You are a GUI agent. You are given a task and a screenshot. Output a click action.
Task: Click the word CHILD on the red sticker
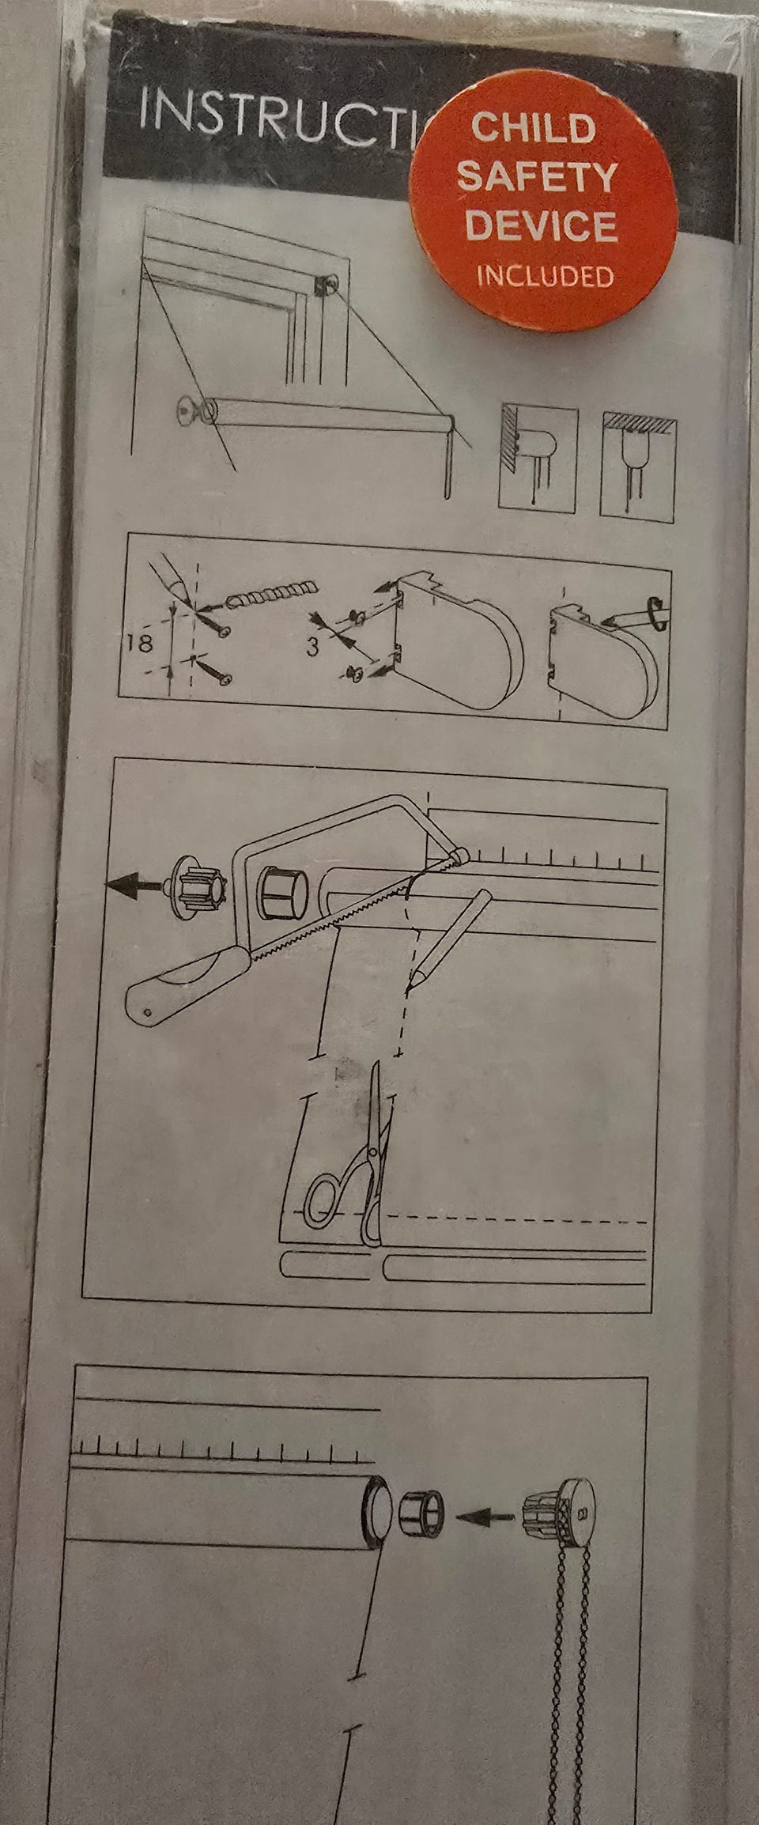533,128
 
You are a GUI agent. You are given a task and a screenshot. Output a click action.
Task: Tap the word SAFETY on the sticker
537,176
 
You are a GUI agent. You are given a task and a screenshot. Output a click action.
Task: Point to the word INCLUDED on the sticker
545,276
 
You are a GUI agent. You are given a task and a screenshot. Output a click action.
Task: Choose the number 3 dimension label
313,648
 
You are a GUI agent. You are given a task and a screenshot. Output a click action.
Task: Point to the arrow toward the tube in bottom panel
485,1515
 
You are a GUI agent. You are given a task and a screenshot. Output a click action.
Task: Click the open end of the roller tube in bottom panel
377,1509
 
